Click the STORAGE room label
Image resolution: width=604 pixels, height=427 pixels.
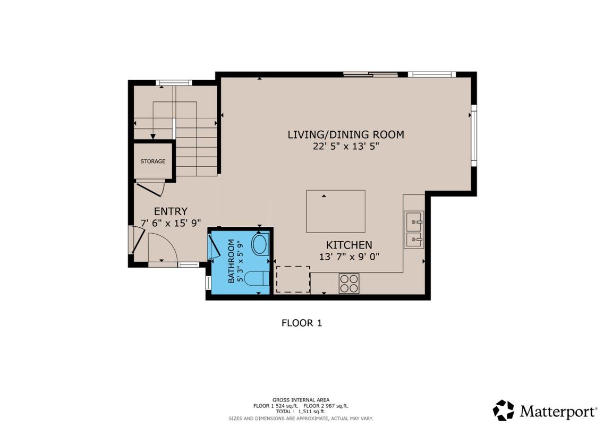pyautogui.click(x=152, y=161)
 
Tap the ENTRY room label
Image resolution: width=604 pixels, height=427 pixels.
pyautogui.click(x=171, y=211)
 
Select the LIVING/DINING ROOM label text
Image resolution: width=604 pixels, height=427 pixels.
pyautogui.click(x=345, y=134)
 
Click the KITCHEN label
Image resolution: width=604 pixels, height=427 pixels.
pyautogui.click(x=348, y=245)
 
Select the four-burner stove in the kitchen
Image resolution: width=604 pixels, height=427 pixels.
pyautogui.click(x=349, y=283)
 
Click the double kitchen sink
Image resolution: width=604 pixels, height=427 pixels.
pyautogui.click(x=414, y=229)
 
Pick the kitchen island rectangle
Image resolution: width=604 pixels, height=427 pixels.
pyautogui.click(x=335, y=211)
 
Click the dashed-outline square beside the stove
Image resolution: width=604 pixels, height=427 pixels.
pyautogui.click(x=293, y=279)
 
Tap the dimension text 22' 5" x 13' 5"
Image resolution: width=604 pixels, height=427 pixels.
pyautogui.click(x=345, y=147)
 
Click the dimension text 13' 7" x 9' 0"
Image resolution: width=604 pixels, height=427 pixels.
pyautogui.click(x=348, y=257)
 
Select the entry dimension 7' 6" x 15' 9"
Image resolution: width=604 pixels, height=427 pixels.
pyautogui.click(x=171, y=223)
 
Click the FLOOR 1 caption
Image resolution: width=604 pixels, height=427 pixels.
pyautogui.click(x=301, y=322)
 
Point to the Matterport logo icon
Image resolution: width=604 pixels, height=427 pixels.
pyautogui.click(x=503, y=410)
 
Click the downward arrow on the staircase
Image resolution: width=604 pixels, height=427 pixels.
pyautogui.click(x=153, y=136)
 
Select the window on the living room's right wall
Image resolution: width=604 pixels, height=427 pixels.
pyautogui.click(x=474, y=135)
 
